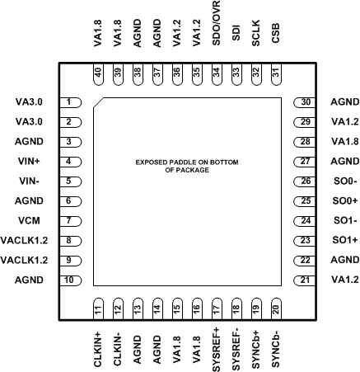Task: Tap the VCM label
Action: pyautogui.click(x=35, y=221)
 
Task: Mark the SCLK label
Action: pyautogui.click(x=256, y=38)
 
